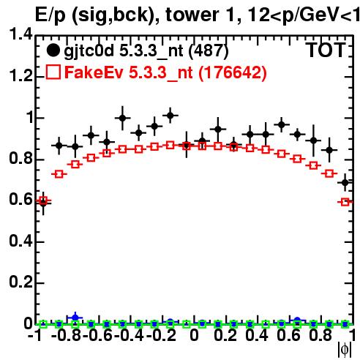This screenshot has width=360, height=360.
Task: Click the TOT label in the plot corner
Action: pyautogui.click(x=326, y=50)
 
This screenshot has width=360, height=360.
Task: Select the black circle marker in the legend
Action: pyautogui.click(x=53, y=50)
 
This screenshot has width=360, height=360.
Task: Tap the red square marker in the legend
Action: pyautogui.click(x=53, y=72)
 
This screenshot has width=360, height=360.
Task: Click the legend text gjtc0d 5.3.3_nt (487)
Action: pyautogui.click(x=146, y=51)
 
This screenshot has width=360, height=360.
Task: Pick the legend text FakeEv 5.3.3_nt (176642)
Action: pyautogui.click(x=165, y=72)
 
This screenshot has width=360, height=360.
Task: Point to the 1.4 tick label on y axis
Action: pyautogui.click(x=20, y=35)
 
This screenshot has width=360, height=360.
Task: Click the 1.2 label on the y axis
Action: pyautogui.click(x=20, y=76)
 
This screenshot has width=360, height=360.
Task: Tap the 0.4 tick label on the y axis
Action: pyautogui.click(x=20, y=241)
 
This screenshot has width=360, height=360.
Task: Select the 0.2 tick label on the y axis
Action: pyautogui.click(x=20, y=282)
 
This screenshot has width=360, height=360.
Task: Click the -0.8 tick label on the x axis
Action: pyautogui.click(x=67, y=335)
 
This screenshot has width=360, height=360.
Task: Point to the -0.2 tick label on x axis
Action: pyautogui.click(x=161, y=335)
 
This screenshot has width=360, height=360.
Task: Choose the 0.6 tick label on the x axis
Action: pyautogui.click(x=289, y=335)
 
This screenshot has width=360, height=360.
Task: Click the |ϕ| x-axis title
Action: pyautogui.click(x=345, y=350)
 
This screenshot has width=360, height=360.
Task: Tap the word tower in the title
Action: pyautogui.click(x=192, y=15)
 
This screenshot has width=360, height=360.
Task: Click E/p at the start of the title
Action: pyautogui.click(x=50, y=16)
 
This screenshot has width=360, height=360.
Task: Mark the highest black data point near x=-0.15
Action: pyautogui.click(x=170, y=115)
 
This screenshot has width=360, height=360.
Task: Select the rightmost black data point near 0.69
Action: pyautogui.click(x=345, y=182)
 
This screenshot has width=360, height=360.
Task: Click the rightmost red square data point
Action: pyautogui.click(x=345, y=202)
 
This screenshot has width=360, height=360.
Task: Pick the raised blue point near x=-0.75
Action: pyautogui.click(x=75, y=318)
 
